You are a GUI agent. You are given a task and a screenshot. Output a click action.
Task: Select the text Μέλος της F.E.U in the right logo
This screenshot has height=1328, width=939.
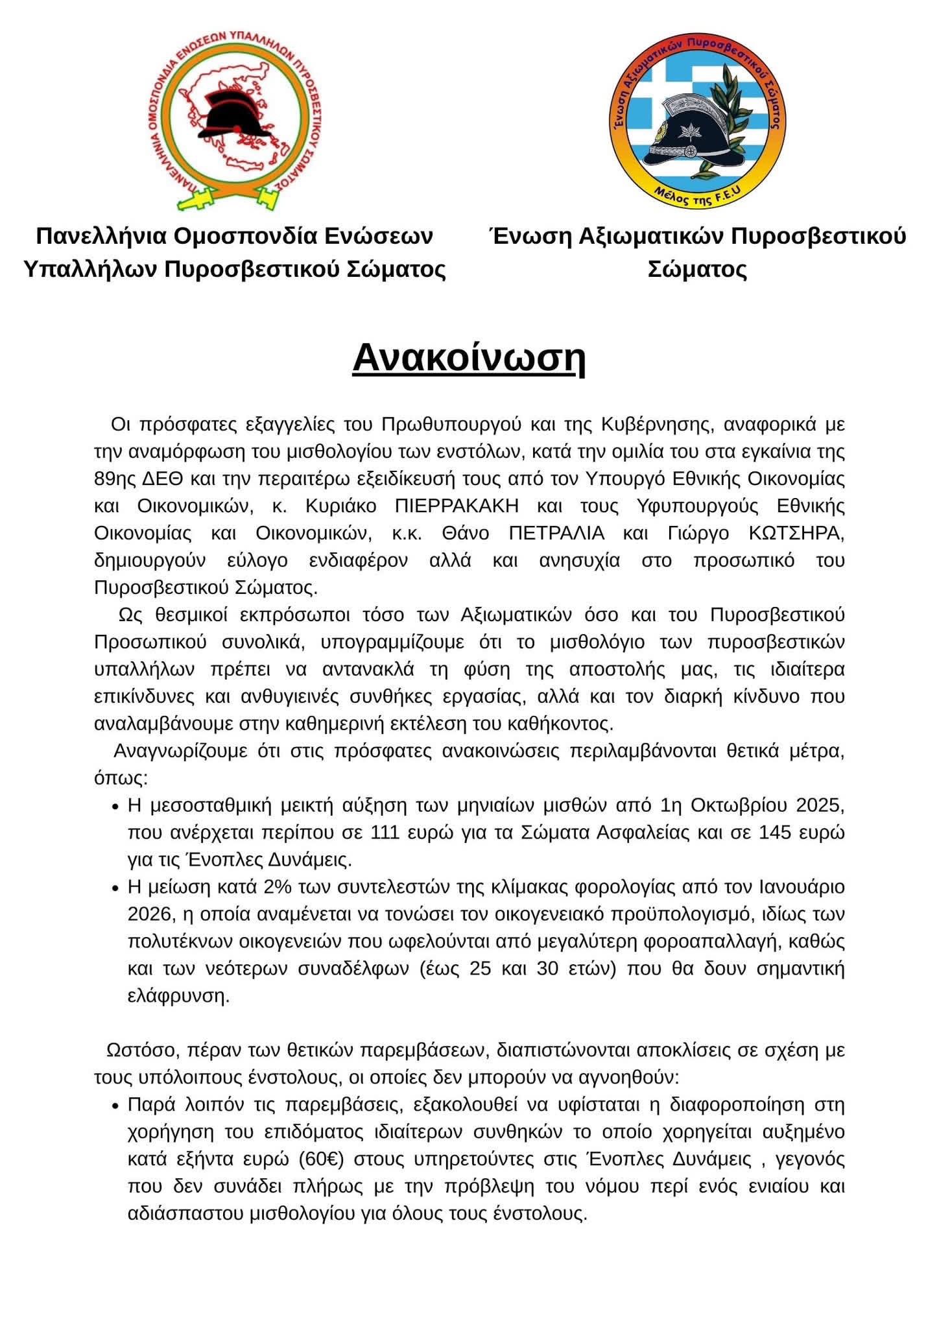point(701,198)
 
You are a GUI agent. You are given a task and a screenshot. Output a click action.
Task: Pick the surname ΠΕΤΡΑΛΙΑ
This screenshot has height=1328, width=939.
point(556,533)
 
